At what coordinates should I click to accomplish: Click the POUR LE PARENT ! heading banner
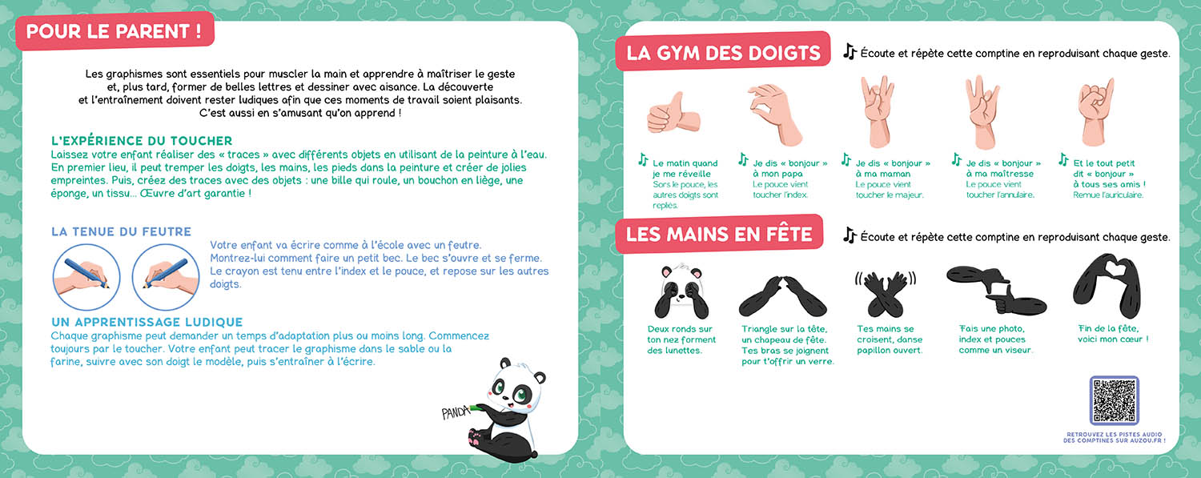coord(114,33)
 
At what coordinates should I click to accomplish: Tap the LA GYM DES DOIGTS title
coord(723,53)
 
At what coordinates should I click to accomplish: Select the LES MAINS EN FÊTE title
coord(719,235)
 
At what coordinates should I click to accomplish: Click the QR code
coord(1114,400)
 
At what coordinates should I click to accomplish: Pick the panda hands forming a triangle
coord(782,295)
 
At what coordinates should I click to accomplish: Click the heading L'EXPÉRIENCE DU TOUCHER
coord(141,141)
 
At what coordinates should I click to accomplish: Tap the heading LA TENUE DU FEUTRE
coord(121,231)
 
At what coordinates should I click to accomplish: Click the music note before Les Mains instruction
coord(850,235)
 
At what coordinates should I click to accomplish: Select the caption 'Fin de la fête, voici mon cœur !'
coord(1113,334)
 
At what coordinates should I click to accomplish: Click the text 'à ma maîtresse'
coord(999,174)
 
